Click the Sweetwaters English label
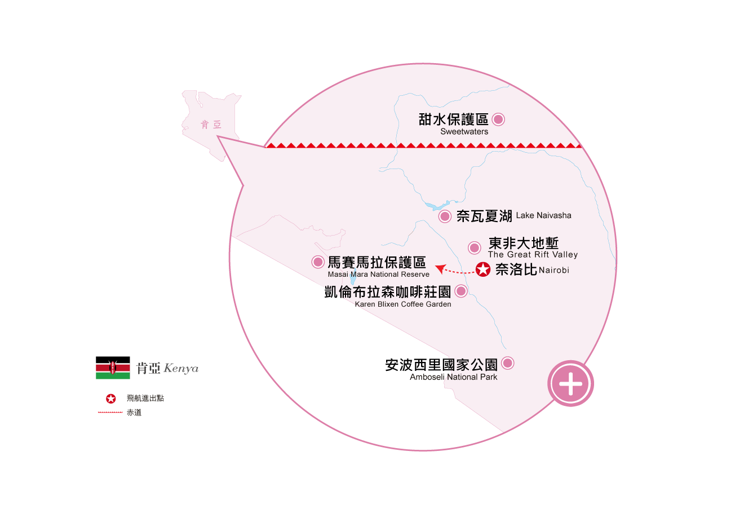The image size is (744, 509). click(464, 131)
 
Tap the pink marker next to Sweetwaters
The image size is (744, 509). click(498, 119)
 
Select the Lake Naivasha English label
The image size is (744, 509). click(543, 215)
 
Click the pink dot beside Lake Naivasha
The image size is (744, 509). click(445, 216)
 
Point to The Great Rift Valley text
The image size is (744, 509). click(533, 255)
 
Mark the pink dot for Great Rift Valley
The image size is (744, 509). click(475, 247)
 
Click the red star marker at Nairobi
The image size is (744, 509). click(483, 269)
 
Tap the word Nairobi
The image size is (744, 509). click(553, 270)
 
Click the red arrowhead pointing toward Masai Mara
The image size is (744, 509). click(440, 268)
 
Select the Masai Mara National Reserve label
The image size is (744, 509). click(378, 275)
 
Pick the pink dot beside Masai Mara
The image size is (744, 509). click(318, 262)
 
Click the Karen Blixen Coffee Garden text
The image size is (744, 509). click(403, 304)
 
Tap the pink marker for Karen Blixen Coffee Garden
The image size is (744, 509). click(461, 291)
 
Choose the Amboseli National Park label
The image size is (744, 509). click(453, 377)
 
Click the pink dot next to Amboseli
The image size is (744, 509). click(507, 363)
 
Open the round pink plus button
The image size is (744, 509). click(570, 384)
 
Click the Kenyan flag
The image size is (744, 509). click(113, 368)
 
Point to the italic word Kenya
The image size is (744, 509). click(181, 369)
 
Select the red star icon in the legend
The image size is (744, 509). click(110, 399)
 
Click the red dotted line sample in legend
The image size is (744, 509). click(110, 412)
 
